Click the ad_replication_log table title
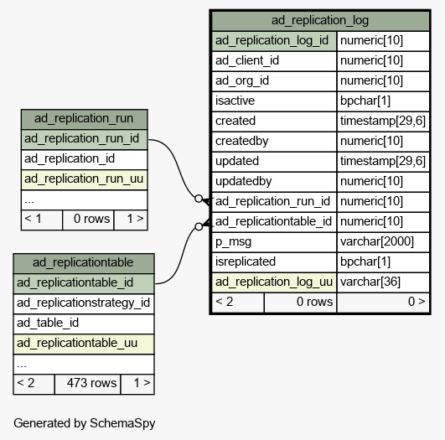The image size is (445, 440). (320, 20)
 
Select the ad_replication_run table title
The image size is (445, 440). (84, 118)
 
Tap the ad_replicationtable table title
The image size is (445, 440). (83, 262)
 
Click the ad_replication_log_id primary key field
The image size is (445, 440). (274, 41)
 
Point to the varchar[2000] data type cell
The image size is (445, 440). (383, 242)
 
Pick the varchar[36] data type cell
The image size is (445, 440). (383, 282)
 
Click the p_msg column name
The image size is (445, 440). (233, 242)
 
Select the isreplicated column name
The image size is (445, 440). (246, 262)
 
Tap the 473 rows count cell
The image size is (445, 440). (87, 384)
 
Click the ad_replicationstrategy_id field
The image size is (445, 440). (84, 303)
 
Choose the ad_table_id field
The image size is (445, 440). (84, 324)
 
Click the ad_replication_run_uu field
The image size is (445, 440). (85, 179)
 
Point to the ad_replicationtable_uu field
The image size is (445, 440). (84, 344)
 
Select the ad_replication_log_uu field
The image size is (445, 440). (274, 282)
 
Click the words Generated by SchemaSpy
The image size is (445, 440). (85, 423)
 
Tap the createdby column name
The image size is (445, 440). (242, 142)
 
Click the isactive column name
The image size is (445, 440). (235, 101)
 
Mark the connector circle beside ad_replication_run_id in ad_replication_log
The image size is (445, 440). (199, 199)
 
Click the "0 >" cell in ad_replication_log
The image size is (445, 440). (383, 303)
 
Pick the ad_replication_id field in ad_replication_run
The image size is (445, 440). (85, 159)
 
